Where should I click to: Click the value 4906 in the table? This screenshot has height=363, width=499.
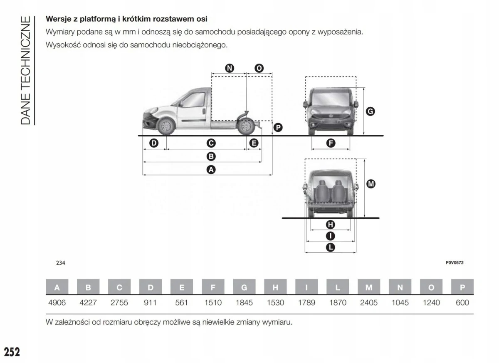[x=57, y=303]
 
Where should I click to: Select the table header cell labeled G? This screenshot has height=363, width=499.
[x=244, y=287]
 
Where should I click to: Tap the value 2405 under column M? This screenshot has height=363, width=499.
[x=369, y=303]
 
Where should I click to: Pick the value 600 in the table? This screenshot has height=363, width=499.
[x=462, y=303]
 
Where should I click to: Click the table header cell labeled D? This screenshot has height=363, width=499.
[x=151, y=287]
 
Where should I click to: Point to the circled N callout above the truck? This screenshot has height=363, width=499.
[x=229, y=69]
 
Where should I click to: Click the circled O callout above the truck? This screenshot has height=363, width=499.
[x=259, y=69]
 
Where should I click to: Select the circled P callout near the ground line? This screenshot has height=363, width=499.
[x=278, y=128]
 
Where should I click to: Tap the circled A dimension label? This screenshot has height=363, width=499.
[x=211, y=169]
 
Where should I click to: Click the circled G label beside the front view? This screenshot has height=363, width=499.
[x=370, y=111]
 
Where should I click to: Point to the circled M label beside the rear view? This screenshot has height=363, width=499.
[x=371, y=184]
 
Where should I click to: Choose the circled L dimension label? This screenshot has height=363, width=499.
[x=331, y=247]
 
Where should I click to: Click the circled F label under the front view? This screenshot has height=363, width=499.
[x=331, y=143]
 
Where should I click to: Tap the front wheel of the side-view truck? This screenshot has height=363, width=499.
[x=167, y=126]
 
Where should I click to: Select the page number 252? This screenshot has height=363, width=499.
[x=12, y=352]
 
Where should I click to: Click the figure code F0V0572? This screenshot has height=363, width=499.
[x=455, y=263]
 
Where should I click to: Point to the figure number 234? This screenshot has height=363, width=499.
[x=61, y=263]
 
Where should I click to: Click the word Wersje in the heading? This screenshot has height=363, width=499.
[x=57, y=19]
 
